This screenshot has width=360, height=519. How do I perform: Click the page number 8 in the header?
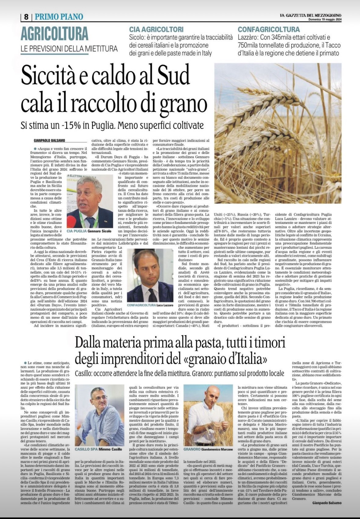[26, 17]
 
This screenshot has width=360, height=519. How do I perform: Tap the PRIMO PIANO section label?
[59, 17]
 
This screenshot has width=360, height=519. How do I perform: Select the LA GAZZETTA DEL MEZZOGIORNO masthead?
[310, 15]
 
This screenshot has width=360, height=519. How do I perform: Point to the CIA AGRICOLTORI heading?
[156, 30]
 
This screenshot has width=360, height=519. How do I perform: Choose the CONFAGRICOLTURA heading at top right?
[269, 30]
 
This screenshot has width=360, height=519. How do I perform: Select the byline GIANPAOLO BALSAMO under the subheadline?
[49, 141]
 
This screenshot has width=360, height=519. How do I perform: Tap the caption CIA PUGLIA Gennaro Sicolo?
[89, 231]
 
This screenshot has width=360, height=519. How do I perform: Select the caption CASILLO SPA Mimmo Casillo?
[98, 449]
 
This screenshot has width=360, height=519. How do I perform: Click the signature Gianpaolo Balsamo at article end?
[327, 503]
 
